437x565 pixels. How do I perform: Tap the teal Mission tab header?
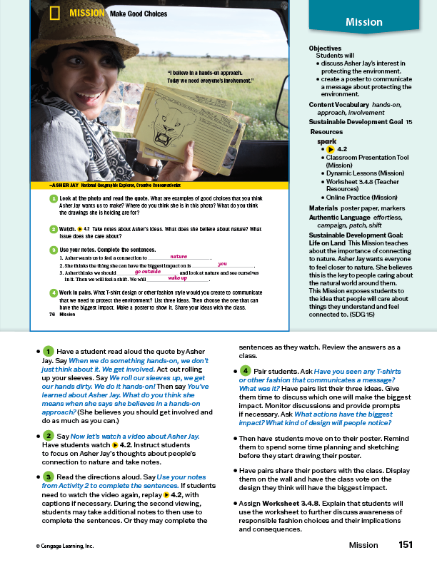(363, 22)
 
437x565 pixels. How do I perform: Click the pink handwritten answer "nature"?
(178, 255)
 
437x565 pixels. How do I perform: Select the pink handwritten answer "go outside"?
(148, 272)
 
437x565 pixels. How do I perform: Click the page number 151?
(406, 545)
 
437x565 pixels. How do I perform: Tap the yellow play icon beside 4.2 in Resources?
(330, 149)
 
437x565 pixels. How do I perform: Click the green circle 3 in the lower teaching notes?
(48, 476)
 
